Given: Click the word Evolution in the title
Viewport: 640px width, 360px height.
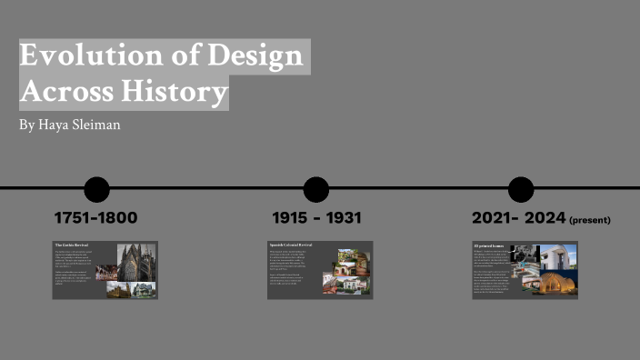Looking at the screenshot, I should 80,56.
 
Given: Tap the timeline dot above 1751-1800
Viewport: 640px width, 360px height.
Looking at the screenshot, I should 96,189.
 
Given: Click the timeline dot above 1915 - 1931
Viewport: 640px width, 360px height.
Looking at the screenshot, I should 316,189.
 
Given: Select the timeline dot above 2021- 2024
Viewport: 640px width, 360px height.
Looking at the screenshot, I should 521,189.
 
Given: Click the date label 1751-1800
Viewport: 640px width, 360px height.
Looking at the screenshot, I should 95,218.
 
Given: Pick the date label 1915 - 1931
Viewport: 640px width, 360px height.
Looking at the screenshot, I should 316,218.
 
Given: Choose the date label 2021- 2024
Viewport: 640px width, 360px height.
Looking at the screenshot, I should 518,218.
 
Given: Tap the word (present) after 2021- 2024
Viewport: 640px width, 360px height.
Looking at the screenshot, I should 590,220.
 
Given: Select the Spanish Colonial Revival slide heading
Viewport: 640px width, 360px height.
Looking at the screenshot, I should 290,245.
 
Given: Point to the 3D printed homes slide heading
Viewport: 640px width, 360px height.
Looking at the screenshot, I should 488,245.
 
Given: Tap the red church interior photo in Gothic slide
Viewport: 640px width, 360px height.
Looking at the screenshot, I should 106,272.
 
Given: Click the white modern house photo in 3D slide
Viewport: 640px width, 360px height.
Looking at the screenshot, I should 558,255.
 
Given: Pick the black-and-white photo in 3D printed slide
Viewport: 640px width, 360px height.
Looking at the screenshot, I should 530,254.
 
